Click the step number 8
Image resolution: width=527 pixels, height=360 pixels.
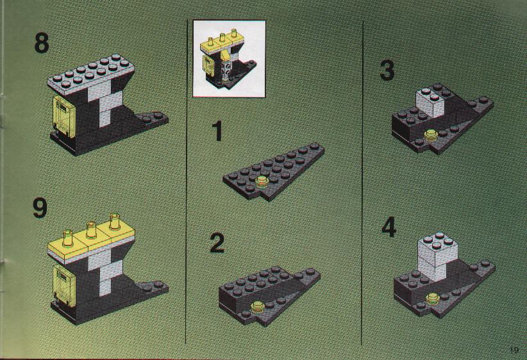point(41,43)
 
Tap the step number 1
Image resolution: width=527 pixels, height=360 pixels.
point(217,131)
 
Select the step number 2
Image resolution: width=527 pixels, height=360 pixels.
point(217,243)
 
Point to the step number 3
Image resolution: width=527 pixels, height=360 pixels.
point(387,70)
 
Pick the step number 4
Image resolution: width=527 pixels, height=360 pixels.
point(389,227)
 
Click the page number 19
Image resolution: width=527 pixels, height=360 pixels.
point(514,350)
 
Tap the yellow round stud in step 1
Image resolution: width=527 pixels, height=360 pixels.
point(262,183)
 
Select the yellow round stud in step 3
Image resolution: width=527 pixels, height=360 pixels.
point(430,135)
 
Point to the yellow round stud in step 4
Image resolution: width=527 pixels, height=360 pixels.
point(433,299)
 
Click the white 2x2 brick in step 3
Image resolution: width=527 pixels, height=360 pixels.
point(431,101)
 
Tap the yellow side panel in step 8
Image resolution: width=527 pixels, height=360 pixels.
point(64,116)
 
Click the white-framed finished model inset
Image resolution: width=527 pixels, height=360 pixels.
point(229,59)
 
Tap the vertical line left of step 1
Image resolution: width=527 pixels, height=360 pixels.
point(186,181)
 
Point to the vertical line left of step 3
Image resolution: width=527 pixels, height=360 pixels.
point(362,183)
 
